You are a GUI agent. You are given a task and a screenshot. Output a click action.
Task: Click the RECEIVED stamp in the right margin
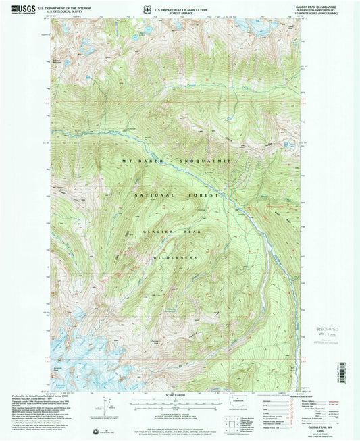(x=324, y=332)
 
